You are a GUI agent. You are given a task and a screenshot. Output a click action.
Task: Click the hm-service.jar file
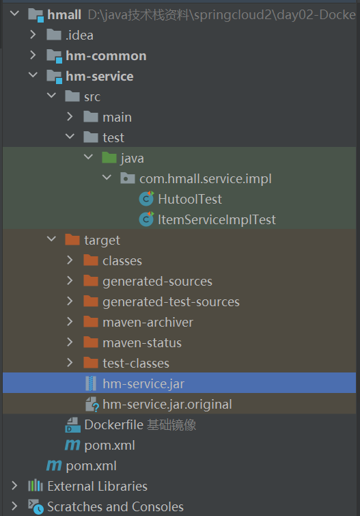[x=143, y=383]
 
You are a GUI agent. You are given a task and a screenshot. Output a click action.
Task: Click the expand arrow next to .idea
[x=33, y=35]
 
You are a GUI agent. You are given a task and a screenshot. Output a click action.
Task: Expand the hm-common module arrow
[x=33, y=55]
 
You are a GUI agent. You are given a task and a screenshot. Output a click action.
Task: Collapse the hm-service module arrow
[x=33, y=75]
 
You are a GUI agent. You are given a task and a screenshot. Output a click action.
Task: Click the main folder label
[x=117, y=117]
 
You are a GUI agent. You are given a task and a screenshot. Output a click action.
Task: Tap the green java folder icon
[x=109, y=158]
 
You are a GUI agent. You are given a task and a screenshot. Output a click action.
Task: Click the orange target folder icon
[x=72, y=240]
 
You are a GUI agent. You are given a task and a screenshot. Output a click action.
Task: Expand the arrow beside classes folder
[x=70, y=260]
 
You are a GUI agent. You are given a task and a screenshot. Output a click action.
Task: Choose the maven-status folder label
[x=142, y=342]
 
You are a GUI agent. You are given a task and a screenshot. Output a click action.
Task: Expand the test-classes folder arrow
[x=70, y=362]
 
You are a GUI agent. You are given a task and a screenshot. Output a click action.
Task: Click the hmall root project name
[x=64, y=14]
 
